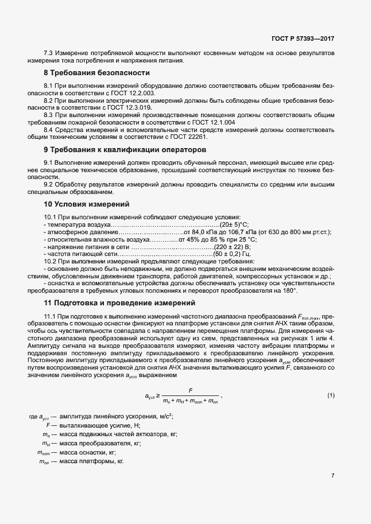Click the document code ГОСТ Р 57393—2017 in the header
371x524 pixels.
pos(302,38)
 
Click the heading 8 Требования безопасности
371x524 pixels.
pos(88,73)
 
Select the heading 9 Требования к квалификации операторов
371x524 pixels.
pos(110,150)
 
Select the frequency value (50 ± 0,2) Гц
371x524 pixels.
pos(231,253)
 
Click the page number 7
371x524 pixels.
pos(333,476)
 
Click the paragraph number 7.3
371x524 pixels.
pos(50,53)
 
